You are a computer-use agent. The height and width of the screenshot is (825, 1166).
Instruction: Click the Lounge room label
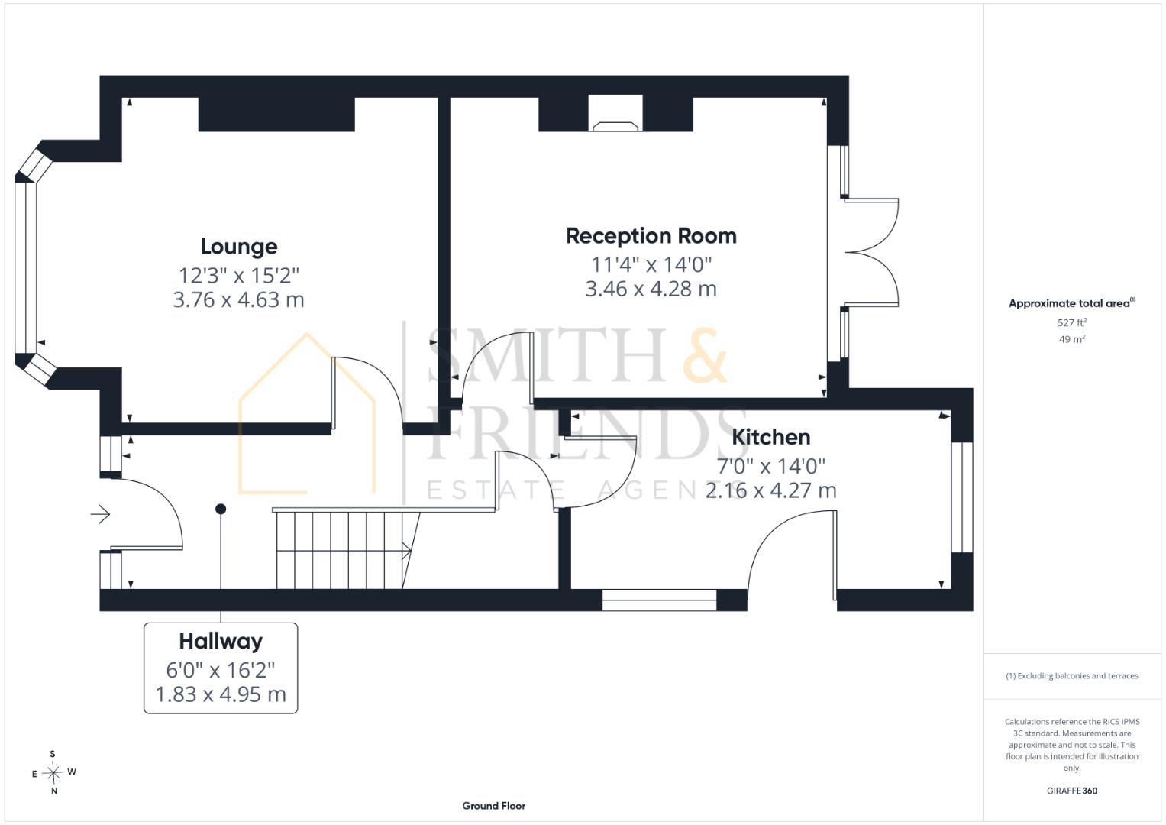[239, 247]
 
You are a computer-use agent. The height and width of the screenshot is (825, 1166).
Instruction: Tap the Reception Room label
[651, 236]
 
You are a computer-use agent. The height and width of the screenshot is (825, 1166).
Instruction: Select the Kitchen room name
[771, 437]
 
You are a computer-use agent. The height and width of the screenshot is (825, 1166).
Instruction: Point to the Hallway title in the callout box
[221, 642]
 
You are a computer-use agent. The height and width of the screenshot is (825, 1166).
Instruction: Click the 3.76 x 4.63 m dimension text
[238, 300]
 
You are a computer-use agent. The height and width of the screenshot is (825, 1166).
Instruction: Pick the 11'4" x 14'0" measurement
[651, 264]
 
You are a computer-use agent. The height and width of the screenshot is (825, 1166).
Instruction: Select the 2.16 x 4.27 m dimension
[771, 490]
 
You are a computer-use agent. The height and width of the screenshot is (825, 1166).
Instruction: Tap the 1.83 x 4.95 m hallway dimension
[221, 694]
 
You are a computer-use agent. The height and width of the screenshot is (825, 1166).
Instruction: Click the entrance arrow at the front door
[101, 515]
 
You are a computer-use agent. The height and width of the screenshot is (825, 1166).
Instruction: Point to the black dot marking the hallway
[221, 509]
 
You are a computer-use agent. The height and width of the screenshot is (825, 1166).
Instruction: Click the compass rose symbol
[53, 772]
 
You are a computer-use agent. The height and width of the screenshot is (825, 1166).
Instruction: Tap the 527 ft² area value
[1072, 322]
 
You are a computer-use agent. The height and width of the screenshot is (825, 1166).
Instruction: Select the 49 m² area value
[1072, 339]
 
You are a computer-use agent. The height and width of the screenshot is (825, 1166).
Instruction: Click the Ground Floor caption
[494, 806]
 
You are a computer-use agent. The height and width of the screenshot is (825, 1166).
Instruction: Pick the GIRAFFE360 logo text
[1072, 791]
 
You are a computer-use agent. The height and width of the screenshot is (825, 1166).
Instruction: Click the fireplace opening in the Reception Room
[615, 113]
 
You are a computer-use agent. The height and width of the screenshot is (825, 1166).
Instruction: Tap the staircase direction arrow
[406, 550]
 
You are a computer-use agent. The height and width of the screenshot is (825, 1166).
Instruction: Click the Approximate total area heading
[1072, 303]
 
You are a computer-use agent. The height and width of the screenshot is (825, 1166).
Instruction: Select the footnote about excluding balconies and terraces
[1072, 676]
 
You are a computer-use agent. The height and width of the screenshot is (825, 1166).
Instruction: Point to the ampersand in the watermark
[705, 355]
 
